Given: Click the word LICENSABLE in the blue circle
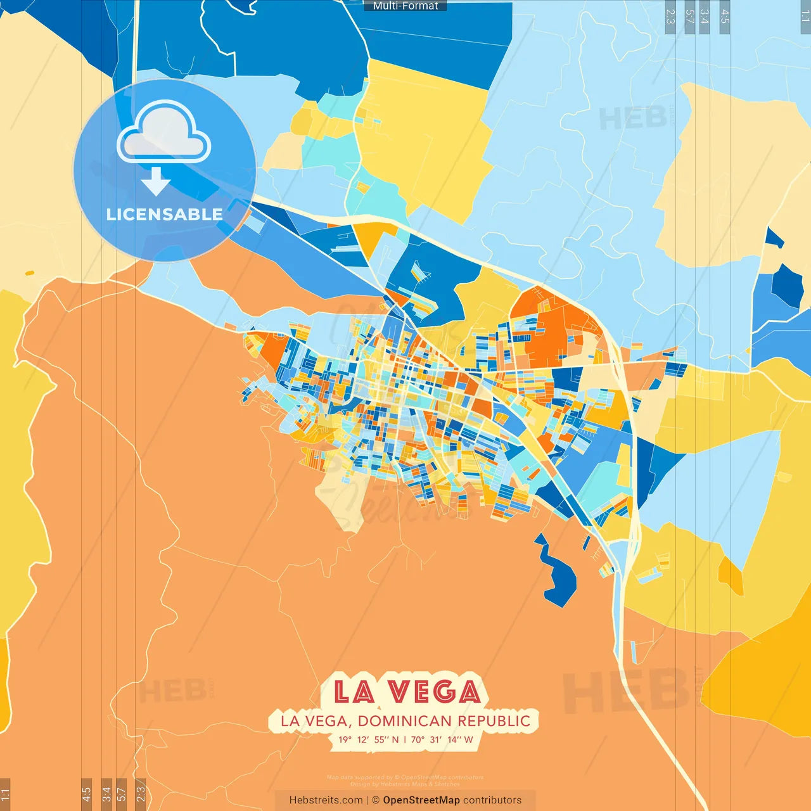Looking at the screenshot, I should pyautogui.click(x=164, y=214).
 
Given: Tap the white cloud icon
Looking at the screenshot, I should pyautogui.click(x=164, y=133).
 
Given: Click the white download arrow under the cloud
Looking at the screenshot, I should pyautogui.click(x=156, y=182).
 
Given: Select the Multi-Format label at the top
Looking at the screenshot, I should pyautogui.click(x=405, y=6).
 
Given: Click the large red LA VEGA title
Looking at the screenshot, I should pyautogui.click(x=406, y=692).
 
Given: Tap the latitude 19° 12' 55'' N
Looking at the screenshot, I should pyautogui.click(x=368, y=739).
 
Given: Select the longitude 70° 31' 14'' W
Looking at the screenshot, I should pyautogui.click(x=442, y=739).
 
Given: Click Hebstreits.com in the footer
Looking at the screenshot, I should pyautogui.click(x=326, y=800).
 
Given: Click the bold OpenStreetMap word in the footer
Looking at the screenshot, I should pyautogui.click(x=421, y=800).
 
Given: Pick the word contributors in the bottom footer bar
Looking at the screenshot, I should pyautogui.click(x=492, y=800).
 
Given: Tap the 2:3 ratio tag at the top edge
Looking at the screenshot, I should pyautogui.click(x=670, y=15).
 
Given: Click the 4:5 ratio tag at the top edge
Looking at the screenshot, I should pyautogui.click(x=725, y=15).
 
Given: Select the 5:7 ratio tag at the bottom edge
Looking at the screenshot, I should pyautogui.click(x=122, y=794).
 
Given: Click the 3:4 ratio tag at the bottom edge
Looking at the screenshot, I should pyautogui.click(x=106, y=794).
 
